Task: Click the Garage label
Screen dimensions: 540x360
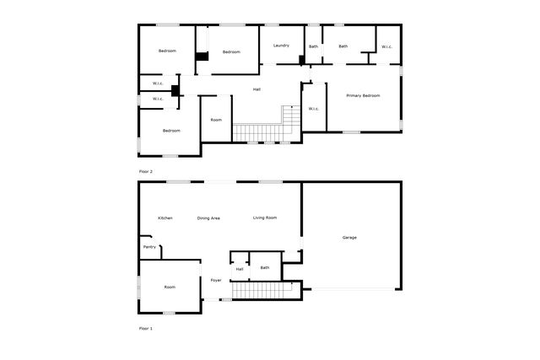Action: click(x=349, y=238)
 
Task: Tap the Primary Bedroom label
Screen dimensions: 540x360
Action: click(x=363, y=95)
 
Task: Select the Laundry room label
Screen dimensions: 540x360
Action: click(x=281, y=46)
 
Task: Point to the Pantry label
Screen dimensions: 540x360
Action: click(x=149, y=247)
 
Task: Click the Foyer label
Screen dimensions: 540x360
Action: click(x=216, y=281)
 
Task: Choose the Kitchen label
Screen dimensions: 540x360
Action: click(x=165, y=218)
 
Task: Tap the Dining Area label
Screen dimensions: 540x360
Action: click(x=208, y=218)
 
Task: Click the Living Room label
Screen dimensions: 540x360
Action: click(x=265, y=218)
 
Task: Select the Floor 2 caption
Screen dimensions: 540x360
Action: click(x=146, y=171)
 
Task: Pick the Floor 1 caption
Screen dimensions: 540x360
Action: click(x=146, y=329)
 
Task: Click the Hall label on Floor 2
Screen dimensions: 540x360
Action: click(x=256, y=89)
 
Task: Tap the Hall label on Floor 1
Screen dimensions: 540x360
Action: click(x=240, y=269)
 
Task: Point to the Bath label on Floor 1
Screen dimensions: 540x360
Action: click(x=265, y=268)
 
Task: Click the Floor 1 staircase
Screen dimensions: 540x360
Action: click(x=262, y=290)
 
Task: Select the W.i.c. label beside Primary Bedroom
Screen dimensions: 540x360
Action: click(x=314, y=109)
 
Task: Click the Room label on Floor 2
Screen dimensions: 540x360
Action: click(x=216, y=120)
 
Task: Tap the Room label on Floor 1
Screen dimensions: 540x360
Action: click(x=170, y=287)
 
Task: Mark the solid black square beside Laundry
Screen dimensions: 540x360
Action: click(x=302, y=60)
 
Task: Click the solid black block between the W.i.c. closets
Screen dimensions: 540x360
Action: click(x=175, y=91)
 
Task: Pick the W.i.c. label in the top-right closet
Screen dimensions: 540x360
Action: click(x=386, y=47)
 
